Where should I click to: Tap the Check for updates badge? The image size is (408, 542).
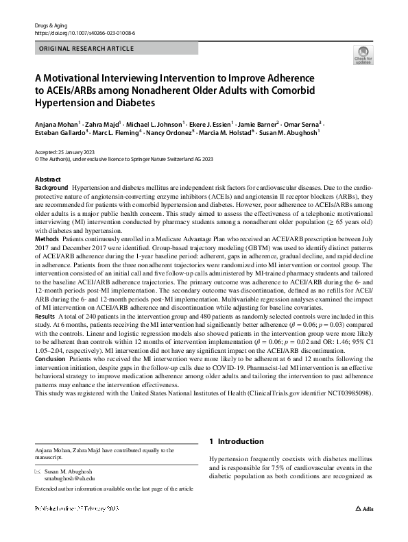[x=362, y=56]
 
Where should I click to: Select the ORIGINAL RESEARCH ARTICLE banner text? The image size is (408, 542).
[x=86, y=49]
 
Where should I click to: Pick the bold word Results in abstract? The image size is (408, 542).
[x=45, y=317]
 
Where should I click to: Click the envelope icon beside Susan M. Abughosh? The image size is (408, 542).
[x=38, y=472]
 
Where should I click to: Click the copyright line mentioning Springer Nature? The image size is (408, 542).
[x=112, y=158]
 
